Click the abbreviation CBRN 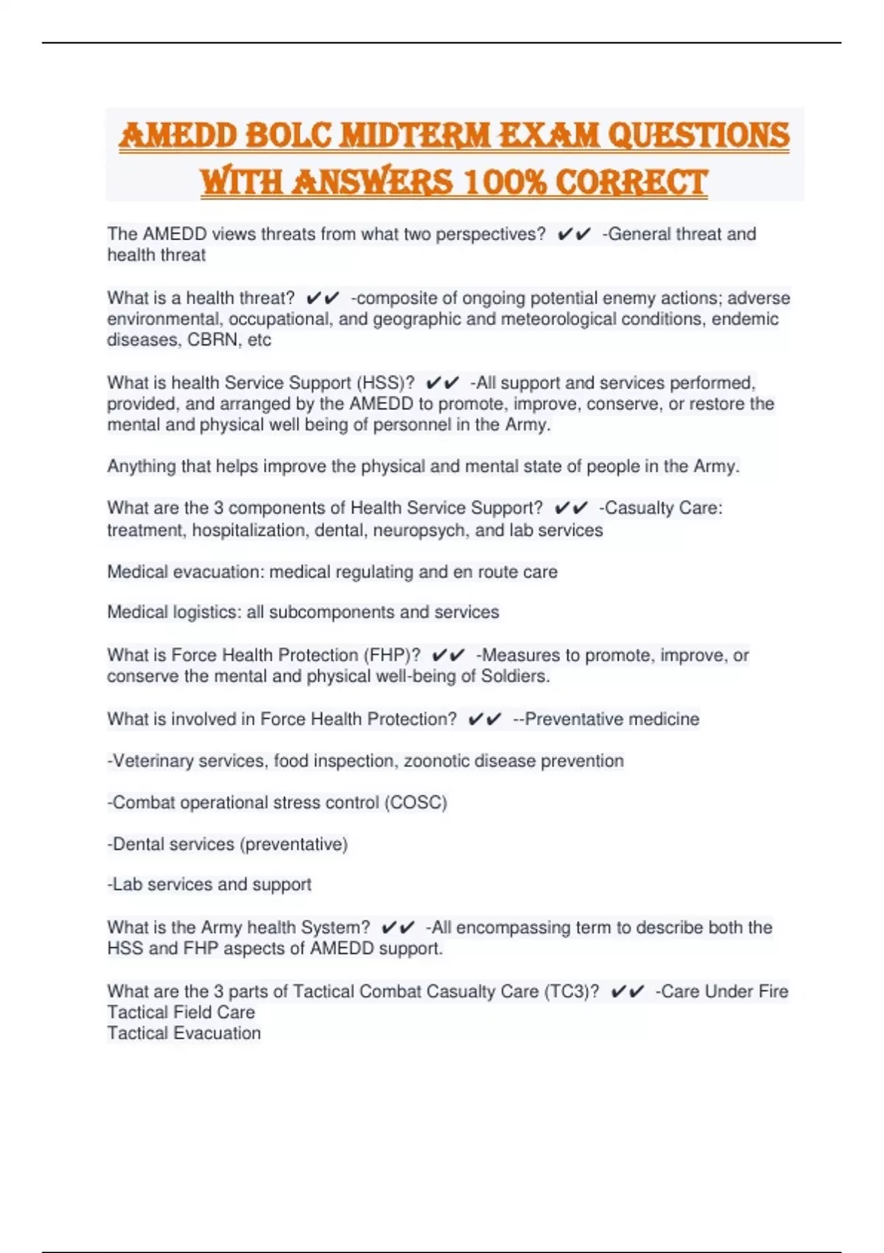click(x=211, y=340)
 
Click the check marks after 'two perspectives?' click(x=574, y=234)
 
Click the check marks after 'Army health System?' click(x=399, y=927)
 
